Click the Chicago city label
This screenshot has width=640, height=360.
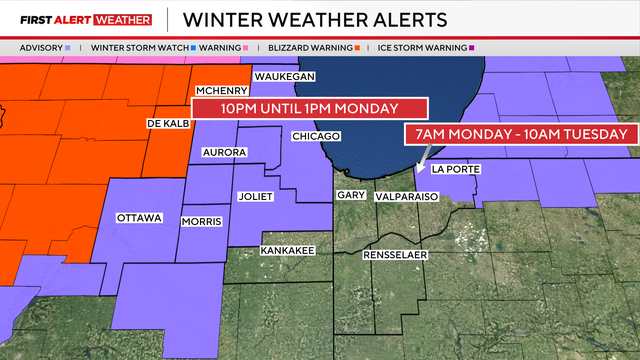click(316, 136)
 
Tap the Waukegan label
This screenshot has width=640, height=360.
click(285, 77)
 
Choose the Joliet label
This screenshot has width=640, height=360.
click(255, 196)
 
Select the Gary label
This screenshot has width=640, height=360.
click(350, 195)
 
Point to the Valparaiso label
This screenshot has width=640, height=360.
click(406, 198)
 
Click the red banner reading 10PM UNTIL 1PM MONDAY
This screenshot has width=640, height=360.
click(310, 108)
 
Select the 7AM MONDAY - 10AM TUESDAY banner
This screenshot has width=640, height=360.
click(519, 134)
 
